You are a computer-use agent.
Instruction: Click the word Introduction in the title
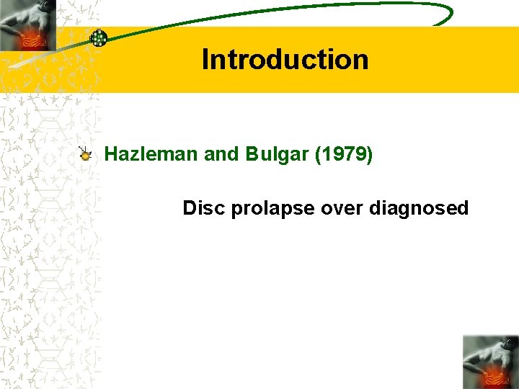(285, 59)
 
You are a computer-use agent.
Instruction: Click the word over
(342, 208)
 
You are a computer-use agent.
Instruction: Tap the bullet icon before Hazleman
(86, 153)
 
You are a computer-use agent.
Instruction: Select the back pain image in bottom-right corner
(491, 362)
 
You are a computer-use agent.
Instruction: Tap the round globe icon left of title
(99, 38)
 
